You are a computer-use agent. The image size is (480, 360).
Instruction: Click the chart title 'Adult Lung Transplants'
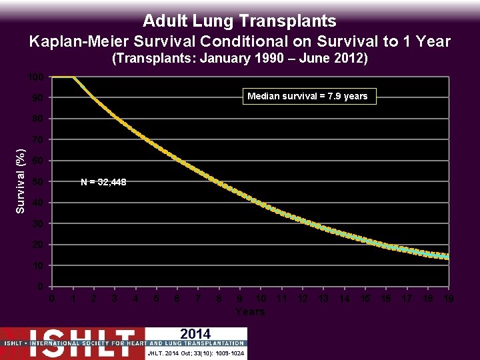pos(239,21)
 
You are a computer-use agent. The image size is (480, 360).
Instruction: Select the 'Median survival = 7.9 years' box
pos(307,97)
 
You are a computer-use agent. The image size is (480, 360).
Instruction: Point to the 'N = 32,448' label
pos(103,182)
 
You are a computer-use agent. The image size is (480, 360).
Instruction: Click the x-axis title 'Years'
pos(250,311)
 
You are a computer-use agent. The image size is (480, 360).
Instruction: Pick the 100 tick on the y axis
pos(36,77)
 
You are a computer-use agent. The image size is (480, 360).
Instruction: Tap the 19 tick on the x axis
pos(449,299)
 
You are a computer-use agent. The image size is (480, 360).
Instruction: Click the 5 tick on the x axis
pos(157,299)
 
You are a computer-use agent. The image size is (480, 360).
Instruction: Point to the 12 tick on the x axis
pos(303,299)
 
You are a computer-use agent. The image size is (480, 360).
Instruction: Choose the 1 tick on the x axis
pos(73,299)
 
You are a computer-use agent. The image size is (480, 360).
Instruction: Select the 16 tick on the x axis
pos(386,299)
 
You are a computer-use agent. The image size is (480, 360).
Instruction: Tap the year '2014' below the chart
pos(195,334)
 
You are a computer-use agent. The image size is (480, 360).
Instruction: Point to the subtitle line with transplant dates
pos(239,59)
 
